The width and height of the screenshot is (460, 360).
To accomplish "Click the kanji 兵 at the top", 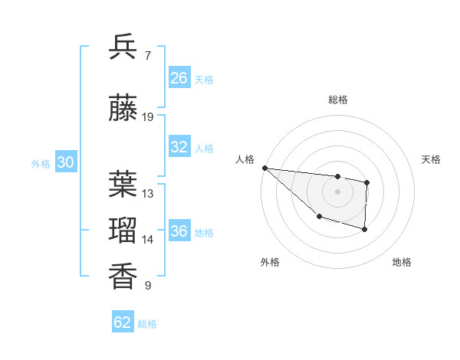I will point(123,47).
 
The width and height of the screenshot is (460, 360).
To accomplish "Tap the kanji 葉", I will point(123,184).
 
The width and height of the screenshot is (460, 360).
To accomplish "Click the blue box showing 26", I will point(179,78).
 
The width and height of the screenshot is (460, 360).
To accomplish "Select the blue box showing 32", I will point(179,147).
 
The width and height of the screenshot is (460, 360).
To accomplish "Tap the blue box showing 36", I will point(179,231).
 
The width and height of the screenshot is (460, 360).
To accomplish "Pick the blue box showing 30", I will point(65,162).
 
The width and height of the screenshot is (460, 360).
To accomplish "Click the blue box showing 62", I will point(123,322).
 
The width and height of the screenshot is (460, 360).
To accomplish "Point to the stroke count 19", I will point(148,117).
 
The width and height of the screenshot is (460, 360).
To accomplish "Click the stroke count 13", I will point(148,194).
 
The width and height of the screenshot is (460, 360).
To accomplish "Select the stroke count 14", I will point(148,240).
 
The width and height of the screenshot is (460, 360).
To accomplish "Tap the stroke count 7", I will point(147,56).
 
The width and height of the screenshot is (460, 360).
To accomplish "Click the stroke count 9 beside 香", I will point(147,286).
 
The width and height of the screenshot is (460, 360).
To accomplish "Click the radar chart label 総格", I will point(337,100).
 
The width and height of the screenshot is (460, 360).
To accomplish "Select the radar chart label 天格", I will point(431,159).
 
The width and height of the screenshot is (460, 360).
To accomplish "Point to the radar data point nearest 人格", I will point(264,168).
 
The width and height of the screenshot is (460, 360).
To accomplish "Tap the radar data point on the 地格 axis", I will point(365,229).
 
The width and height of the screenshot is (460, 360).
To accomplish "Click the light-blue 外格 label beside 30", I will point(41,163).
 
